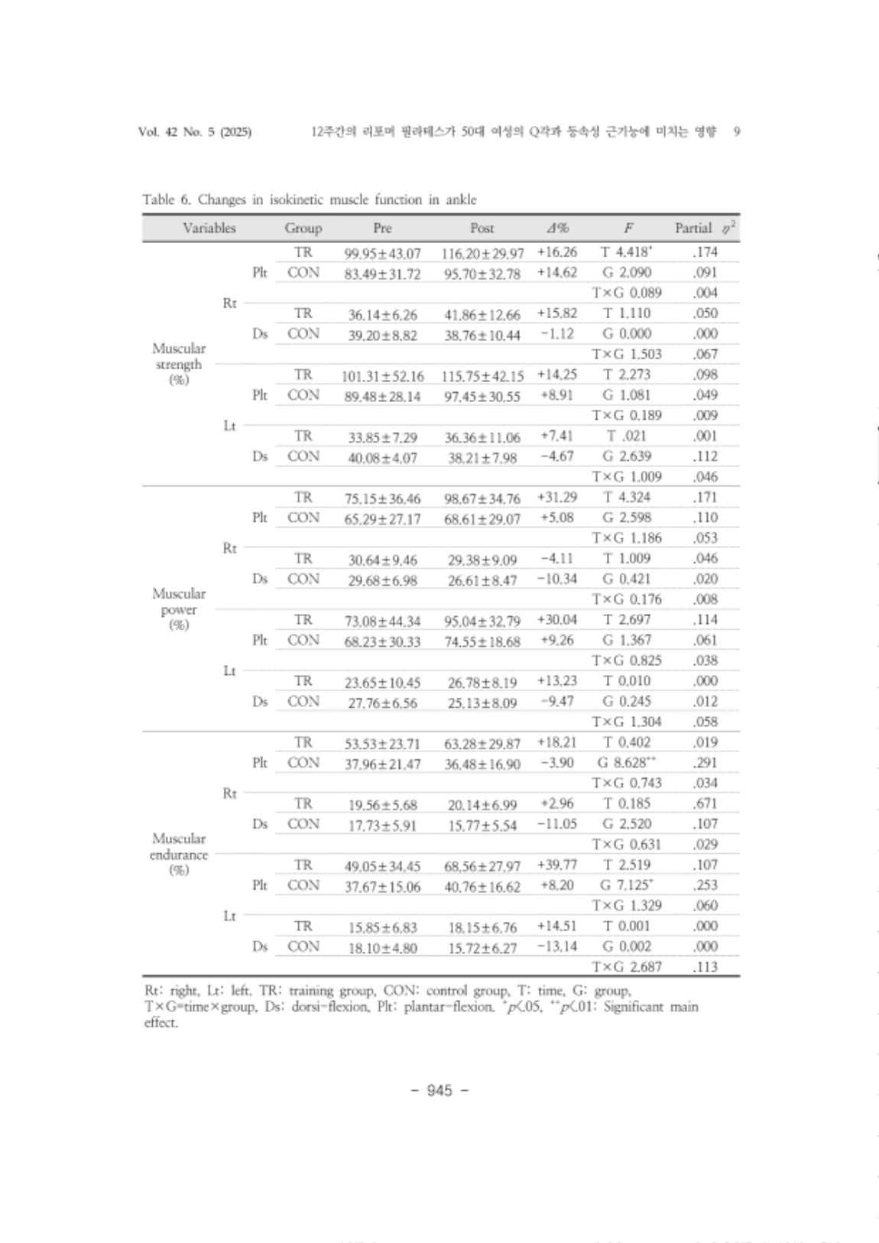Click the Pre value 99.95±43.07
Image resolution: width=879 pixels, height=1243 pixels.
coord(382,253)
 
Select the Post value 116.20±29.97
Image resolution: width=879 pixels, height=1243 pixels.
coord(482,253)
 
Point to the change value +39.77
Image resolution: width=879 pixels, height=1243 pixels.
coord(556,865)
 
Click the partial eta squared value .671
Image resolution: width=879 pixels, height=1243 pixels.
coord(704,803)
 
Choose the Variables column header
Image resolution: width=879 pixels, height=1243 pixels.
coord(209,228)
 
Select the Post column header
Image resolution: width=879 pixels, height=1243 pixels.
coord(482,228)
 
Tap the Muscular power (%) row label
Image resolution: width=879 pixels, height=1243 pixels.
coord(179,609)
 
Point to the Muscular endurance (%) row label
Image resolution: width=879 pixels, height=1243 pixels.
coord(179,854)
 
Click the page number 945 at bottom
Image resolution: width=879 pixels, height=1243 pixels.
coord(439,1090)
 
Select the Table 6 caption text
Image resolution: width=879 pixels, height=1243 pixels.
coord(309,200)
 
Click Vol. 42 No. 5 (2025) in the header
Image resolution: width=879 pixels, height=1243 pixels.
coord(195,131)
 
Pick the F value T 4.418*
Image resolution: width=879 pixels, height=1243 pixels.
coord(627,252)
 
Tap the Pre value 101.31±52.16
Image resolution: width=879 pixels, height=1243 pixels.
coord(382,376)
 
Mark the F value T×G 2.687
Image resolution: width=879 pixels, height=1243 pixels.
coord(627,967)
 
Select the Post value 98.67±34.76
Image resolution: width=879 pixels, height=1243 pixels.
coord(482,498)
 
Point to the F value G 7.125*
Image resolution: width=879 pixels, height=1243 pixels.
coord(626,885)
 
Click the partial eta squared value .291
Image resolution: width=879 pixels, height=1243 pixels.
coord(704,762)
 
